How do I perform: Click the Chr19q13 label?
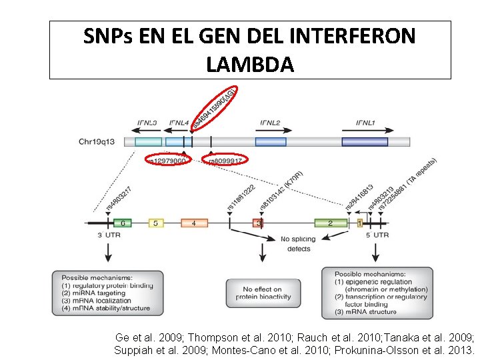[97, 141]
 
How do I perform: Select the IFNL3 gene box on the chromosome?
[148, 141]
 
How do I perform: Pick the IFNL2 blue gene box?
[271, 141]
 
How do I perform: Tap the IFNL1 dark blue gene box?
[365, 141]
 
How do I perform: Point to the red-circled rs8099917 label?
[225, 160]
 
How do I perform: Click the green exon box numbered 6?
[121, 223]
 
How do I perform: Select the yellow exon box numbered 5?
[155, 223]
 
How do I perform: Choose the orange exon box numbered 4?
[194, 223]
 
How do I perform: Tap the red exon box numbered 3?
[258, 223]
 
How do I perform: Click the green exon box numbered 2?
[330, 223]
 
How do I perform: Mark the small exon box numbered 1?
[359, 223]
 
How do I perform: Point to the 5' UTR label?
[377, 235]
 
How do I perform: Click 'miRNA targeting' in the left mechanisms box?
[93, 293]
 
